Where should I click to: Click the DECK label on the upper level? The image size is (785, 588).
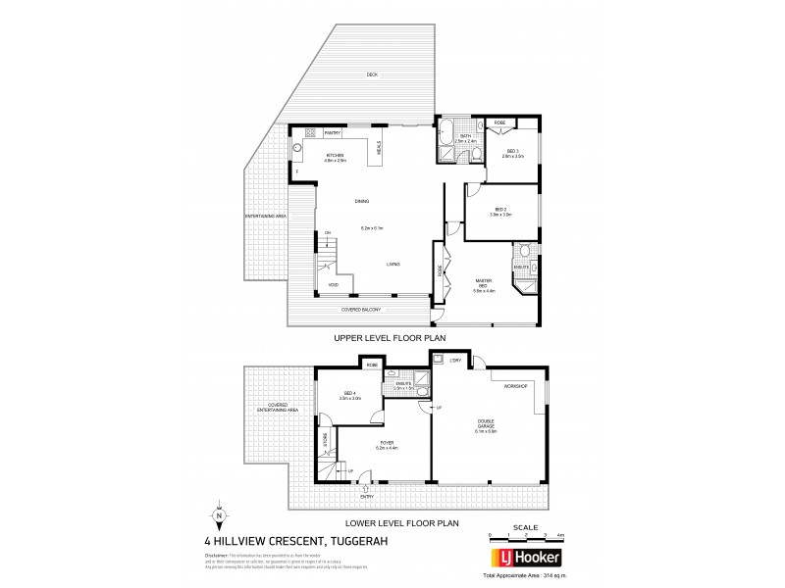coord(372,75)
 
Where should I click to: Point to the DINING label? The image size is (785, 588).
coord(362,202)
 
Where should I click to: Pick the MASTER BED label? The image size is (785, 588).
coord(484,283)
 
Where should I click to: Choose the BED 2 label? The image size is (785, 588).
coord(500,211)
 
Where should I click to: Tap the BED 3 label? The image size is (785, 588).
coord(509,152)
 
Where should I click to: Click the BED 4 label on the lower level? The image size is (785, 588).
coord(349,396)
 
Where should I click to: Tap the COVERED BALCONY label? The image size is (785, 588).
coord(360,311)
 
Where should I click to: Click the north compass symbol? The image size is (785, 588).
coord(218,516)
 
